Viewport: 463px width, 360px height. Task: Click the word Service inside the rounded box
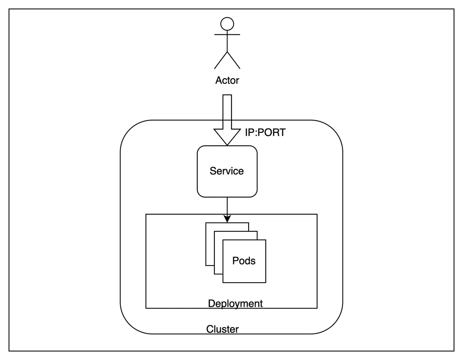point(226,171)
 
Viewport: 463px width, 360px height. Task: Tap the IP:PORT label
point(265,133)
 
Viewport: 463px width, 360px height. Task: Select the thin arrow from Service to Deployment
point(227,206)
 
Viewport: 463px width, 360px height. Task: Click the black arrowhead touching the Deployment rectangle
point(227,218)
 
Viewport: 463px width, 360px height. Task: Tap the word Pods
point(244,261)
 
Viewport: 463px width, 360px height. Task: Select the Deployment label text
point(235,304)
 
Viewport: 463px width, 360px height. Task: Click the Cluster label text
point(222,329)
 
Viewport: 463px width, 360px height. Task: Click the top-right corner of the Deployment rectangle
point(317,214)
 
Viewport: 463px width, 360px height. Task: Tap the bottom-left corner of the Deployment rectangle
point(146,308)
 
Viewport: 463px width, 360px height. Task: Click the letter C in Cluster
point(209,329)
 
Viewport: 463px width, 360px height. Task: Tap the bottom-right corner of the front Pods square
point(266,282)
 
